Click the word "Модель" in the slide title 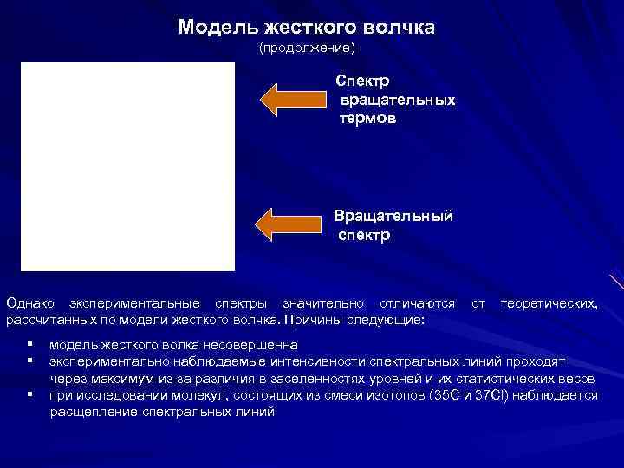coord(211,28)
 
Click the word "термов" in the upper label coord(367,119)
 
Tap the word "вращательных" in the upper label coord(397,100)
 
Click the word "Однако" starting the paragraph coord(31,303)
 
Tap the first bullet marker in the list coord(30,344)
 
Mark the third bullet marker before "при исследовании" coord(30,394)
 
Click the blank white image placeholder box coord(128,167)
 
